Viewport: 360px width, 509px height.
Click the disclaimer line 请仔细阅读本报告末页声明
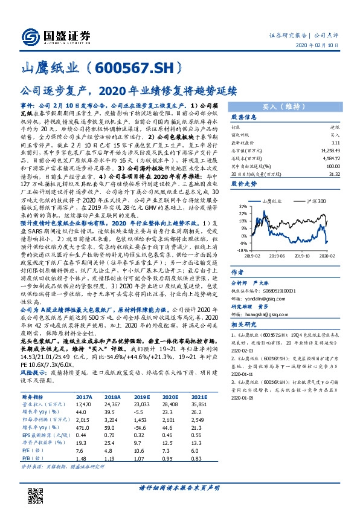[x=179, y=487]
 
